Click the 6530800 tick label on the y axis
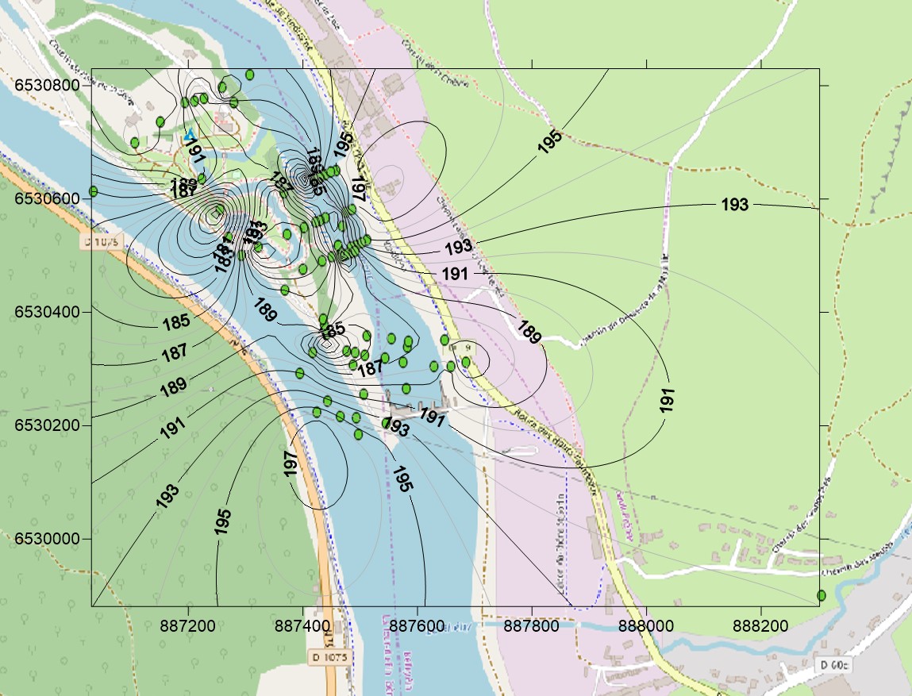pos(45,85)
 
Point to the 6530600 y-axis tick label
pos(45,198)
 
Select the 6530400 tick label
pos(45,312)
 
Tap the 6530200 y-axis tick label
pos(45,425)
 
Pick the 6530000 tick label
pos(45,539)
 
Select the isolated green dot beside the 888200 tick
pos(822,595)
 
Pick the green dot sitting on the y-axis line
pos(93,191)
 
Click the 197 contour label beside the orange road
pos(291,463)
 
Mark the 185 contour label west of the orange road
pos(176,322)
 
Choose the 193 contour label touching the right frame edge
pos(735,205)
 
